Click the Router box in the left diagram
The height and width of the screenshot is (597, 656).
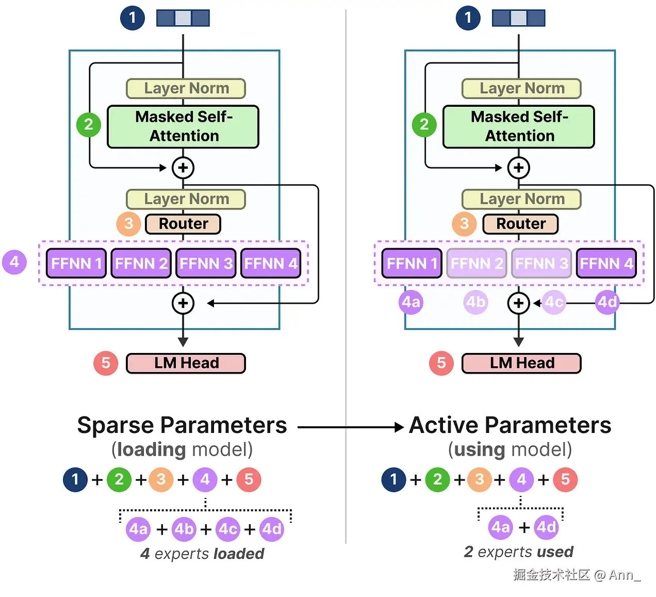[x=183, y=224]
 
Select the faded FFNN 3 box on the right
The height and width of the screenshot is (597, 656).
[x=542, y=264]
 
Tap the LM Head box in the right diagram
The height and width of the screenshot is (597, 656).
[x=521, y=363]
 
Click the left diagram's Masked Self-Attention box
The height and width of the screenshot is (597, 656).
[x=183, y=126]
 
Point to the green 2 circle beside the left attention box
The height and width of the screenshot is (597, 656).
[x=89, y=124]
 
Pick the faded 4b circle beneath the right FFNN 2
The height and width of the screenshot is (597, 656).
[x=475, y=302]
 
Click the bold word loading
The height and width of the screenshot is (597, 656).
[x=151, y=449]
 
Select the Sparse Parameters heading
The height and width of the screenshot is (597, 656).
[x=182, y=426]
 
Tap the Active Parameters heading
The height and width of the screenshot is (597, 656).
[x=510, y=426]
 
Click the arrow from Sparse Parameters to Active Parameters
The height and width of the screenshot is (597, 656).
[x=350, y=427]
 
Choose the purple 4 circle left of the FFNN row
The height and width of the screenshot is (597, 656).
[x=14, y=262]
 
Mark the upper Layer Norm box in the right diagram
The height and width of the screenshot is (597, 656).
[x=521, y=88]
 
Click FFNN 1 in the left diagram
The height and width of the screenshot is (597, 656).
[x=76, y=264]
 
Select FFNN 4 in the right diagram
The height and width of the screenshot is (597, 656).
[x=606, y=264]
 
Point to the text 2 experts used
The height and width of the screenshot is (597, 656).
[x=518, y=552]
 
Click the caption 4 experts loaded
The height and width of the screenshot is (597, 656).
[x=202, y=554]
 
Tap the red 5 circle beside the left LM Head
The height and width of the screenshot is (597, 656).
[x=106, y=363]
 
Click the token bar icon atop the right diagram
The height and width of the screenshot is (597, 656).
[x=518, y=18]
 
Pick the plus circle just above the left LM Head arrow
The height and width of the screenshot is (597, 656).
[x=183, y=303]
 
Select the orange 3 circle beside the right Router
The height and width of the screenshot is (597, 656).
[x=464, y=224]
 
